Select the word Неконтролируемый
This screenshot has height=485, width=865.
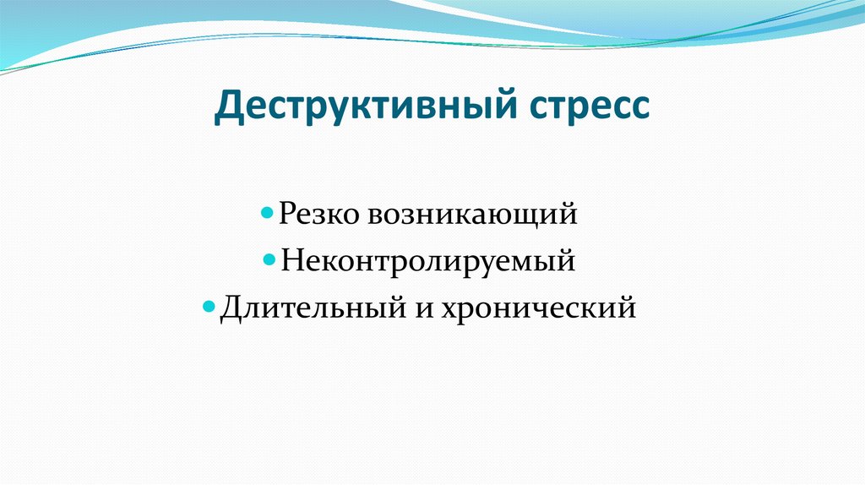[429, 261]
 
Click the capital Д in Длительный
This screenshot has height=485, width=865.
[231, 308]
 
